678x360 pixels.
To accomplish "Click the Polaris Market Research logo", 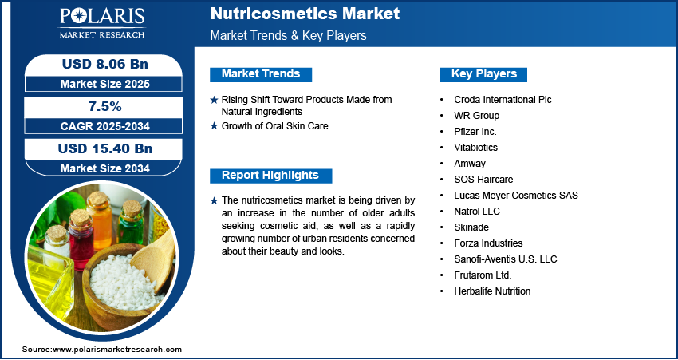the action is [x=102, y=22].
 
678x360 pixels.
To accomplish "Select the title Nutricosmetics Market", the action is [x=305, y=14].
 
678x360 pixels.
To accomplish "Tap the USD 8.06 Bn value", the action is [x=105, y=65].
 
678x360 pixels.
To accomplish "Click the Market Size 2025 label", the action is [x=105, y=84].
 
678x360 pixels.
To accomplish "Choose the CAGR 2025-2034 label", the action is [x=105, y=126].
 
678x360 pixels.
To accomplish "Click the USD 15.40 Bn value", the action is [x=105, y=148].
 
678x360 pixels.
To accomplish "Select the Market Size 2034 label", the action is [x=105, y=168].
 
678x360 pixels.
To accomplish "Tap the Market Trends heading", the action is [x=261, y=74].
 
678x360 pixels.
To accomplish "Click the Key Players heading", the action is [x=483, y=74].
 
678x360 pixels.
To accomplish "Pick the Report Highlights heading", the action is [x=270, y=176].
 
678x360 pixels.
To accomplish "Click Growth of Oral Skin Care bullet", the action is [x=274, y=126].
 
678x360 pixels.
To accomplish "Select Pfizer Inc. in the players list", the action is [x=475, y=132].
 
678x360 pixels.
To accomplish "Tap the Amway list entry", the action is [x=470, y=164].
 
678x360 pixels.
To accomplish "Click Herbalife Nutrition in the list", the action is [x=492, y=291].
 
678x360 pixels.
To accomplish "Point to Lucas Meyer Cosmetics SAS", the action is [x=516, y=196].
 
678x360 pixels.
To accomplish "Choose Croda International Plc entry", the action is [x=503, y=100].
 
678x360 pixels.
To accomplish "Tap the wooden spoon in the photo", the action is [x=153, y=259].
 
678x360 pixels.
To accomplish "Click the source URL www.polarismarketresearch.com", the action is [x=117, y=350].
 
